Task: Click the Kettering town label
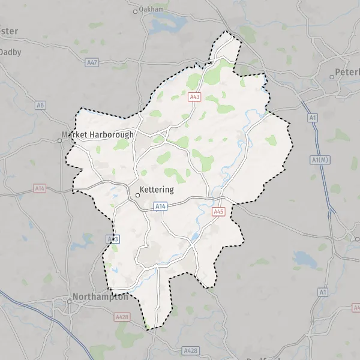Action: pyautogui.click(x=157, y=190)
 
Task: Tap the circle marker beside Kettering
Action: pyautogui.click(x=137, y=194)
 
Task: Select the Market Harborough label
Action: pyautogui.click(x=98, y=135)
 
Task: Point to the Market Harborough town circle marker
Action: pyautogui.click(x=59, y=140)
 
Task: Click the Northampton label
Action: pyautogui.click(x=100, y=296)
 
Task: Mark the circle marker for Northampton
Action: pyautogui.click(x=69, y=301)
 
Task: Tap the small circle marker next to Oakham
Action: pyautogui.click(x=135, y=11)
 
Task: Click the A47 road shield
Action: pyautogui.click(x=92, y=62)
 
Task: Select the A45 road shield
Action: pyautogui.click(x=219, y=211)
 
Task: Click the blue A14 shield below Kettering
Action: pyautogui.click(x=160, y=206)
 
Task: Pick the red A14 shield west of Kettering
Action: pyautogui.click(x=40, y=188)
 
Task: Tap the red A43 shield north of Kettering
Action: pyautogui.click(x=194, y=97)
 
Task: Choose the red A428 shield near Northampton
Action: pyautogui.click(x=122, y=316)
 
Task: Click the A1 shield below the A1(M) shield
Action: pyautogui.click(x=323, y=292)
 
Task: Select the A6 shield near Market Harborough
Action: pyautogui.click(x=40, y=106)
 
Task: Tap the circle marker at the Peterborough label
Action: pyautogui.click(x=332, y=77)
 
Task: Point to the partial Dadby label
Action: pyautogui.click(x=11, y=52)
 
